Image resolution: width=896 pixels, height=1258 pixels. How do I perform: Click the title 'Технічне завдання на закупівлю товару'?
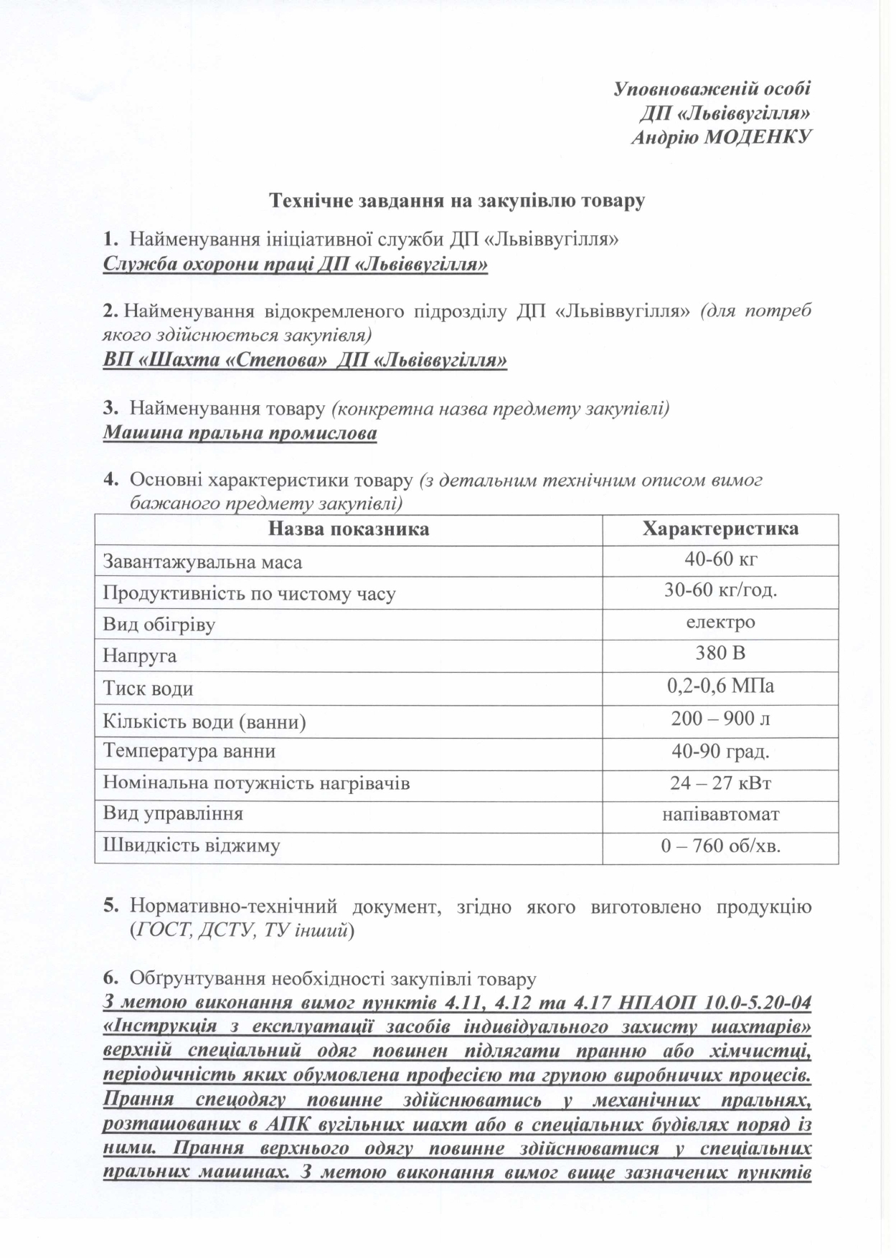456,201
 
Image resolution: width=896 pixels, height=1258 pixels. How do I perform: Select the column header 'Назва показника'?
349,529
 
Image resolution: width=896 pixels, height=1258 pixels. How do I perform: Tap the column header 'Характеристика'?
720,529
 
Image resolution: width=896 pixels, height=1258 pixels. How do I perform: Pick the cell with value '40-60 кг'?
720,560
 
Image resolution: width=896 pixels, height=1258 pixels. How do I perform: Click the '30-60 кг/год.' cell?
720,592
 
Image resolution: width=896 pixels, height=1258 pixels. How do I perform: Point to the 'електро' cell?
720,623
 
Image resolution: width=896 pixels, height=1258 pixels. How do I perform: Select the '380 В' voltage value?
720,654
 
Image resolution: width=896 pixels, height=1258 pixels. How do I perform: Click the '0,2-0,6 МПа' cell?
720,686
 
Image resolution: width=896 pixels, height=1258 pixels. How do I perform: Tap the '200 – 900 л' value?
720,719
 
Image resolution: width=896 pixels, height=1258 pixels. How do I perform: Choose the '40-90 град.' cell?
720,751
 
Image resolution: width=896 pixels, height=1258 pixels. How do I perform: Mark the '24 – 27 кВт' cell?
720,782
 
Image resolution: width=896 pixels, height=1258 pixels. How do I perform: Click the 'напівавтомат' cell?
720,814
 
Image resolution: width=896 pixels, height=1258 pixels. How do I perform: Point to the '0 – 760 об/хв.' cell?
720,846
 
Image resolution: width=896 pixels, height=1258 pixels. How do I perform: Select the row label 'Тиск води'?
148,689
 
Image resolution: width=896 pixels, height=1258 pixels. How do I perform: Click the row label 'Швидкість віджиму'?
192,846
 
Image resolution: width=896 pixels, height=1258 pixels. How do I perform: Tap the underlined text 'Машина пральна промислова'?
240,434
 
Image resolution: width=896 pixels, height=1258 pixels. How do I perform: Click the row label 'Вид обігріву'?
159,624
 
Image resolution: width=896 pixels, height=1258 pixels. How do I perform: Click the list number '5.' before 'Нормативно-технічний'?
111,907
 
